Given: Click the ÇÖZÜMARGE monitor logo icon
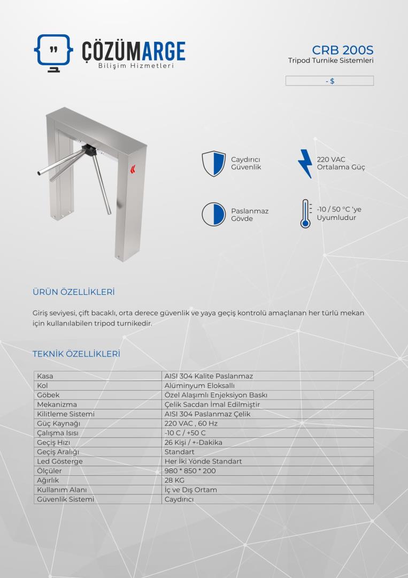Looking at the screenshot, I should tap(53, 52).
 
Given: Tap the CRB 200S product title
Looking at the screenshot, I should tap(342, 50).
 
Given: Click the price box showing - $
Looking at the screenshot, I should tap(329, 81).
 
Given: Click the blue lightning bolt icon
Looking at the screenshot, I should tap(305, 163).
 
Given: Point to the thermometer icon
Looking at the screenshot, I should tap(305, 214).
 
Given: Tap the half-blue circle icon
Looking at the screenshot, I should tap(214, 214).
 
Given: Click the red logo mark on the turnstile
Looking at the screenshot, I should tap(132, 170).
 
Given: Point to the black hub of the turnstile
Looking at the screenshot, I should tap(88, 149).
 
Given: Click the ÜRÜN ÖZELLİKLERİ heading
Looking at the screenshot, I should tap(74, 292).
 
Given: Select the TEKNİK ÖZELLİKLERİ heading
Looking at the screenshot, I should tap(76, 354).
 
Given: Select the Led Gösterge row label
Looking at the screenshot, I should tap(60, 461).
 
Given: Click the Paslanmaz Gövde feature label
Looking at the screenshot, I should tap(250, 215).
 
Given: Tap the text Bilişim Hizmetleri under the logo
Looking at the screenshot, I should tap(136, 66).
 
